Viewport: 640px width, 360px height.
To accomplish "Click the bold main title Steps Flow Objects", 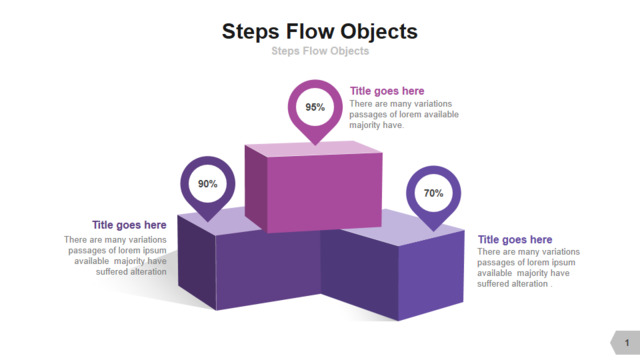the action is pos(320,31).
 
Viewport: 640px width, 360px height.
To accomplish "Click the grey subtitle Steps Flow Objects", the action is pos(320,51).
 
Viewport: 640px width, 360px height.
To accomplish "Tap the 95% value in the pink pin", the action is pos(315,107).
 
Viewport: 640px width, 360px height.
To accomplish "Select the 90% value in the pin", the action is pos(208,184).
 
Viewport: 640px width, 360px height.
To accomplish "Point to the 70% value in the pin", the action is pos(433,193).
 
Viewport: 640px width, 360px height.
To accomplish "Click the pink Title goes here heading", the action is pos(387,91).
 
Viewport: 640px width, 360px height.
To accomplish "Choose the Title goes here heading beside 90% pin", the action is pos(129,225).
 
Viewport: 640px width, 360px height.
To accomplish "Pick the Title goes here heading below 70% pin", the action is pos(515,240).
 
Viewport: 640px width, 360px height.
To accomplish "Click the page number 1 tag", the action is pos(625,342).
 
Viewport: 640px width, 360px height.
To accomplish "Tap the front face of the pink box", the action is pos(324,193).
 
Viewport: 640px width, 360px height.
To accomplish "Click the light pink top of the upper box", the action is pos(313,149).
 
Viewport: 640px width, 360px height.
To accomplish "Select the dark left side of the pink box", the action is pos(256,189).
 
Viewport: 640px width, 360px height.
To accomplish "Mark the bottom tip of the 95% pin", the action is pos(315,145).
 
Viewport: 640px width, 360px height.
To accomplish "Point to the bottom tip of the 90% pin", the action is pos(208,222).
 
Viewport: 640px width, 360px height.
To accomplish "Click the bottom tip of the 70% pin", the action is pos(433,231).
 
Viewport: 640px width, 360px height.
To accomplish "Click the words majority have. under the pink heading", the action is pos(376,125).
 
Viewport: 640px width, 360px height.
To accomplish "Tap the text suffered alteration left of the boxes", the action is pos(131,271).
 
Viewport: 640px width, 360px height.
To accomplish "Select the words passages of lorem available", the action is pos(404,114).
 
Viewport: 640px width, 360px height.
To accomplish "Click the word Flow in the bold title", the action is pos(310,31).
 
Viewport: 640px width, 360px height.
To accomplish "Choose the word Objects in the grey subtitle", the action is pos(349,51).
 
